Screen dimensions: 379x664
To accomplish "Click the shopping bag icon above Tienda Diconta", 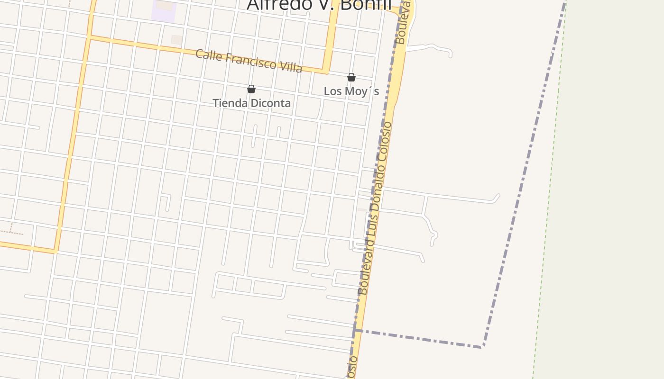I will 251,89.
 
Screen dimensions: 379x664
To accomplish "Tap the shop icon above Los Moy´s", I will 351,77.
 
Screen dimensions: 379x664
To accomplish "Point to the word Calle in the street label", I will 209,54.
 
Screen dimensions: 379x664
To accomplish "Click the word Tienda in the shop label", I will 230,103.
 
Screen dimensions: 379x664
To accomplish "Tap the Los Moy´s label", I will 351,91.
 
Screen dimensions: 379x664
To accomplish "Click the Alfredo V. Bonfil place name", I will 319,5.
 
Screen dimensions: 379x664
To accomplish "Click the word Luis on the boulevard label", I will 373,223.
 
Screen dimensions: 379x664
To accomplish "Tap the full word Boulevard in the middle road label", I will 366,266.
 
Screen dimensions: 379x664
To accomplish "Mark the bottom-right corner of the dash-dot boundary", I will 482,347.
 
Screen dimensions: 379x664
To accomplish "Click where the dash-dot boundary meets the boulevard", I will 355,330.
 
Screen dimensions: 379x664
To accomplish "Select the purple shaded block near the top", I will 164,10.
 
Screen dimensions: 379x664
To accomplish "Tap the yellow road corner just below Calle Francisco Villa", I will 326,72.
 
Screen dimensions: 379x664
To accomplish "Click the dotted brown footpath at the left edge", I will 10,232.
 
